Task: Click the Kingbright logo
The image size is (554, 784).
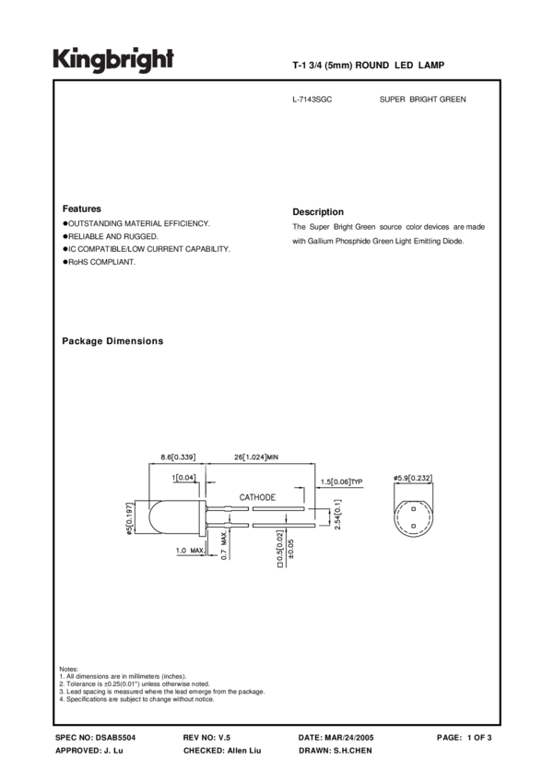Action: click(x=112, y=60)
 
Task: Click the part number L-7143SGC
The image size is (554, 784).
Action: click(x=312, y=98)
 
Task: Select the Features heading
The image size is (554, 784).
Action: click(x=81, y=209)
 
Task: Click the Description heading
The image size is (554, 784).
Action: click(x=317, y=211)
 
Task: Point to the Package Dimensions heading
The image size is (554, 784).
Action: click(x=112, y=341)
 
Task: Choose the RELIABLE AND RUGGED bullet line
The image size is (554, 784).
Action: click(x=110, y=236)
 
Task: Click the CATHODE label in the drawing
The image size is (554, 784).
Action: click(x=258, y=497)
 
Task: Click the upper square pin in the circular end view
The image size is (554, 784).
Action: click(x=415, y=508)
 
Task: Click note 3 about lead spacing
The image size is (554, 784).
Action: click(x=161, y=691)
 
